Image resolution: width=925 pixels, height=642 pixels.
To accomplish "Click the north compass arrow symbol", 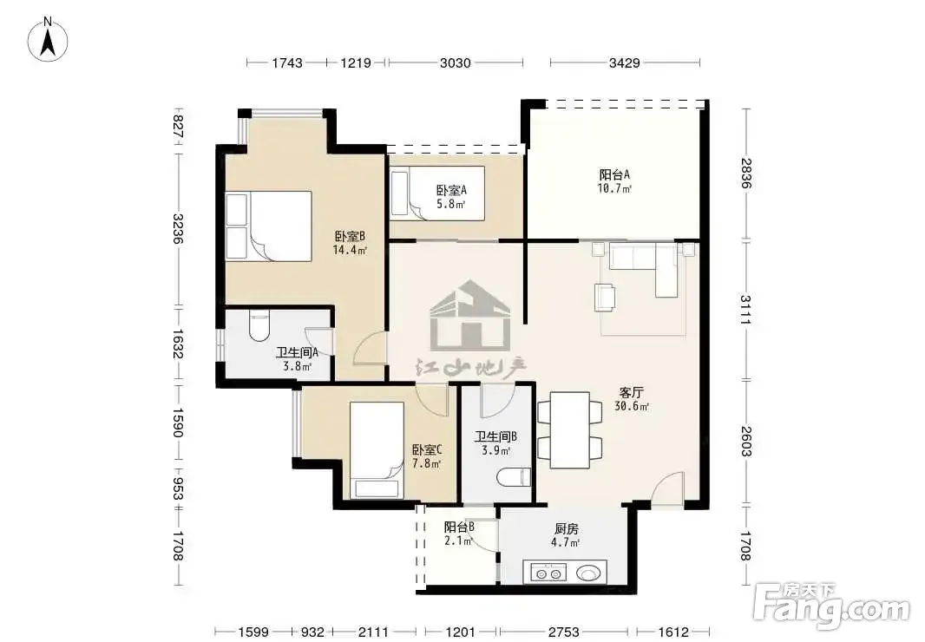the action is tap(49, 39).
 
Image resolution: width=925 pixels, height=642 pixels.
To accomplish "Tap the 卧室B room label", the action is tap(350, 237).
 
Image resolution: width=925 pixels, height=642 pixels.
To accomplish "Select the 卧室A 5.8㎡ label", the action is tap(451, 197).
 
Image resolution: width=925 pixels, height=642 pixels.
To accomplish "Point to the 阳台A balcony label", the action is tap(614, 174).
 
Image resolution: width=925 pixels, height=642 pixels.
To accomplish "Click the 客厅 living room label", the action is tap(631, 392).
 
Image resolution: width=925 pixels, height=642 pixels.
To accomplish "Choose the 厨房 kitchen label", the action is tap(566, 528).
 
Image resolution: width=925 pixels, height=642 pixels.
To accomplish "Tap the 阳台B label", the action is tap(459, 527).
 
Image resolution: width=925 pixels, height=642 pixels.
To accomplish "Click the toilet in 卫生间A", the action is tap(259, 326).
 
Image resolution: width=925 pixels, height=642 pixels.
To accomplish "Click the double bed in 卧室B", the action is tap(269, 226).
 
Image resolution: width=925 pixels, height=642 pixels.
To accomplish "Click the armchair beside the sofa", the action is tap(606, 297).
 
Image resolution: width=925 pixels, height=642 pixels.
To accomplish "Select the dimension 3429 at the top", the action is tap(624, 62).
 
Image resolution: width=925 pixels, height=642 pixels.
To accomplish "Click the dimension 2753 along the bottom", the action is tap(563, 632).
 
